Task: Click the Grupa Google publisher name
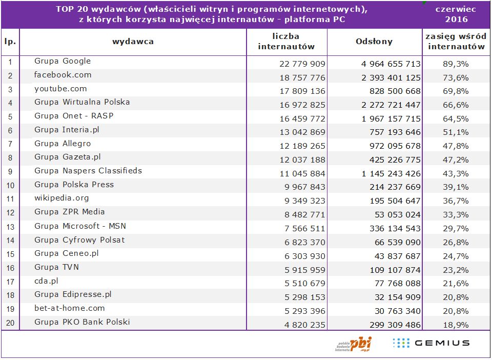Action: pyautogui.click(x=63, y=61)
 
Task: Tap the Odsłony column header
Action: pyautogui.click(x=374, y=42)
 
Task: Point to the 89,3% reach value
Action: pyautogui.click(x=456, y=64)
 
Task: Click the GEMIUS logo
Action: pyautogui.click(x=430, y=343)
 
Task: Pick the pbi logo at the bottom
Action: pyautogui.click(x=354, y=344)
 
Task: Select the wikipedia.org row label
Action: pyautogui.click(x=61, y=198)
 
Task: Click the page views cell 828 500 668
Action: pyautogui.click(x=393, y=91)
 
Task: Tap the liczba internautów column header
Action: pyautogui.click(x=286, y=42)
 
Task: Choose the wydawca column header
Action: pyautogui.click(x=133, y=42)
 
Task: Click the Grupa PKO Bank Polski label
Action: pyautogui.click(x=82, y=322)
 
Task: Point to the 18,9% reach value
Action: pyautogui.click(x=456, y=325)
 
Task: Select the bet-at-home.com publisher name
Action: pyautogui.click(x=70, y=308)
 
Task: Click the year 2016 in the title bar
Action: pyautogui.click(x=456, y=19)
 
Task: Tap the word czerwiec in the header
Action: pyautogui.click(x=456, y=9)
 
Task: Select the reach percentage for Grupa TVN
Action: pyautogui.click(x=456, y=270)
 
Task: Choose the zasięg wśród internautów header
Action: pyautogui.click(x=456, y=42)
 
